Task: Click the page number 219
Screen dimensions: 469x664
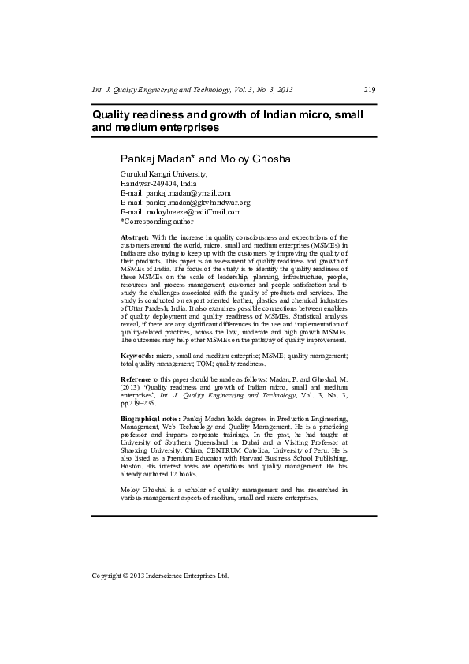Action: tap(370, 91)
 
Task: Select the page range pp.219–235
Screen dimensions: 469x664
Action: tap(137, 403)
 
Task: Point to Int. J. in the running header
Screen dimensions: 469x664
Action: tap(101, 91)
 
